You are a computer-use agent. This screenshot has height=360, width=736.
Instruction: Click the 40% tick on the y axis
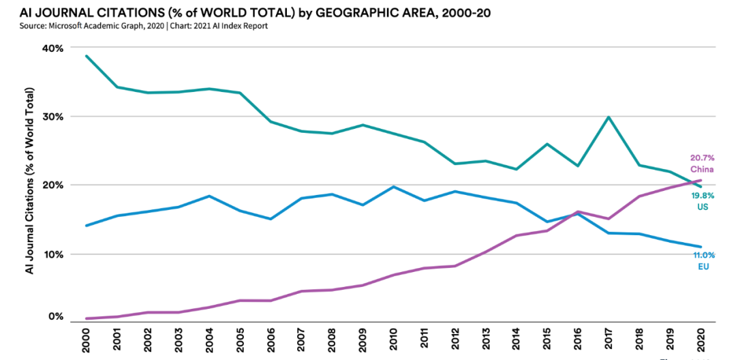(x=54, y=48)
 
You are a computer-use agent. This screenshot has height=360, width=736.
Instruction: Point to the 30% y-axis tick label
(x=54, y=117)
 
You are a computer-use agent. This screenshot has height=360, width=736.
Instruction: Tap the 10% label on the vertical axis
(x=54, y=254)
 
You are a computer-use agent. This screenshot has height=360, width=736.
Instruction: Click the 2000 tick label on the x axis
(x=87, y=339)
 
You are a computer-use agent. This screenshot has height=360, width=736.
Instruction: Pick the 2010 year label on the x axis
(x=393, y=339)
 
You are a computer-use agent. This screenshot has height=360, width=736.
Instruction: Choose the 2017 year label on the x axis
(x=608, y=339)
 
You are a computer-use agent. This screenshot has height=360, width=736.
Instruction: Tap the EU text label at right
(x=703, y=266)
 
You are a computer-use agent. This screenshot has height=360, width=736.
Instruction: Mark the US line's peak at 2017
(x=608, y=117)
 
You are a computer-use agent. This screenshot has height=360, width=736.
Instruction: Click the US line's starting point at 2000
(x=87, y=56)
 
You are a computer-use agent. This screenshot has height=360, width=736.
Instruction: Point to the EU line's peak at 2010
(x=393, y=186)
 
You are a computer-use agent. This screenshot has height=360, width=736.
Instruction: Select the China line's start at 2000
(x=87, y=318)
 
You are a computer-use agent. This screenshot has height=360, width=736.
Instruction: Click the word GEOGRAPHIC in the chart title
(x=350, y=12)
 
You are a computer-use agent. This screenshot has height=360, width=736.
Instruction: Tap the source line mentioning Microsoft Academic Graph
(x=143, y=26)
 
